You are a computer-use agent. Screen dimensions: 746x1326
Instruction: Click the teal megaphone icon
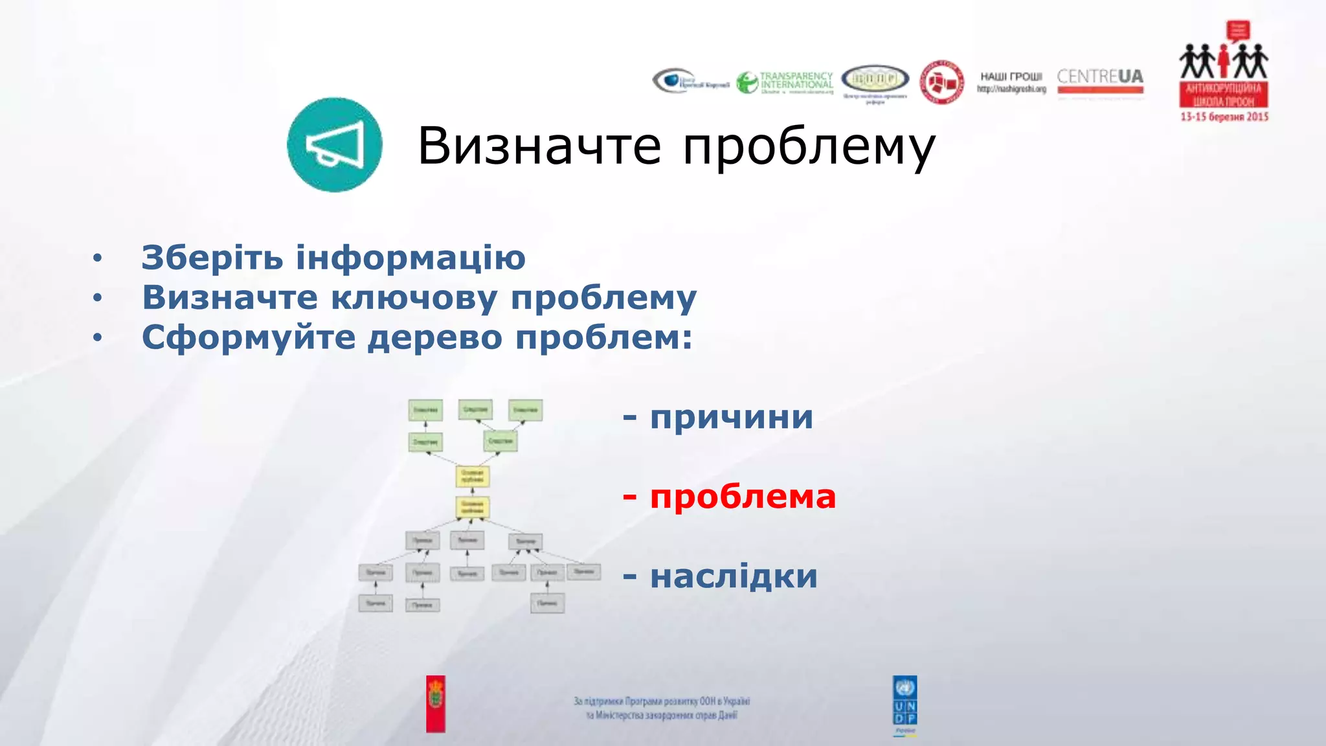[x=334, y=145]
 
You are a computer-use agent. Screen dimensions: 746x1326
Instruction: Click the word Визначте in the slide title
[x=539, y=146]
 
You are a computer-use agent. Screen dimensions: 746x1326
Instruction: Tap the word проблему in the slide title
[x=809, y=148]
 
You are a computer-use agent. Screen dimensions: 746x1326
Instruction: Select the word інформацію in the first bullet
[x=410, y=258]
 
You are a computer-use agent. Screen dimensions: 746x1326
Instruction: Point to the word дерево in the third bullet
[x=435, y=337]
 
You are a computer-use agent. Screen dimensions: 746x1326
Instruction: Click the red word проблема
[x=743, y=497]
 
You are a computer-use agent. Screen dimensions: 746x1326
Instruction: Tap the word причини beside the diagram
[x=732, y=417]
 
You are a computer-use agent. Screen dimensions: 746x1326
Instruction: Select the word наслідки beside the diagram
[x=734, y=576]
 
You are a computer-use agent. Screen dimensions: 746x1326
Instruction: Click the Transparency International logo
[x=785, y=82]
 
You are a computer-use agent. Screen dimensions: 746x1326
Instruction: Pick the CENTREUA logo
[x=1100, y=80]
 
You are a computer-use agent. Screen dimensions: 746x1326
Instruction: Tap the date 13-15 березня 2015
[x=1224, y=117]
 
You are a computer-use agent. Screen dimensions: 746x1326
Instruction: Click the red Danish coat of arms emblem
[x=436, y=703]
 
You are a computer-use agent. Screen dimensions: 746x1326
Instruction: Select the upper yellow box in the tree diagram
[x=473, y=477]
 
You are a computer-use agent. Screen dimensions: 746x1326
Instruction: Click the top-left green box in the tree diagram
[x=425, y=410]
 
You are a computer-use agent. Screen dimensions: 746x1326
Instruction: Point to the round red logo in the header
[x=941, y=82]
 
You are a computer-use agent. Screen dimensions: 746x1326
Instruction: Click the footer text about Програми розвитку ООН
[x=662, y=708]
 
